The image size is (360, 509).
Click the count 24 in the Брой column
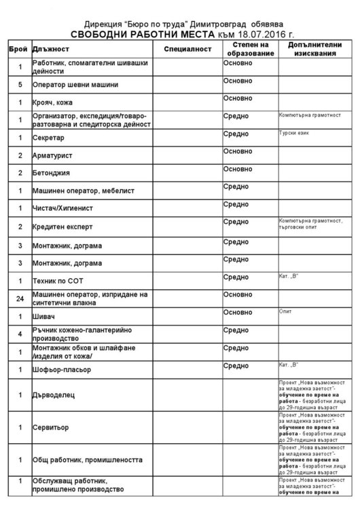(20, 297)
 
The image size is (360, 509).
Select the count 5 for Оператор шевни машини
(20, 85)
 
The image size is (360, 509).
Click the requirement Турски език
(294, 133)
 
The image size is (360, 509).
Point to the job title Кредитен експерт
(67, 226)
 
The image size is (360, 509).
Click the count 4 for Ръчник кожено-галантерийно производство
(20, 334)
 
